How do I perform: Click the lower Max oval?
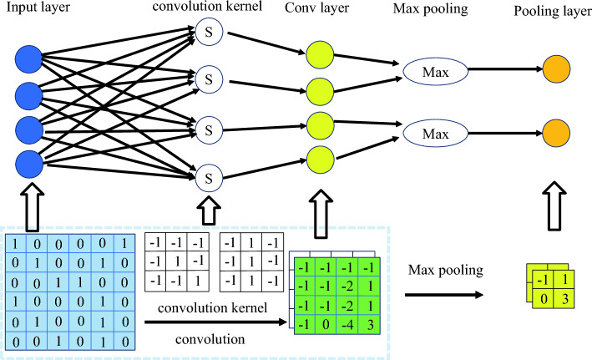[434, 134]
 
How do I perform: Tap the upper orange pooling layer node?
[555, 69]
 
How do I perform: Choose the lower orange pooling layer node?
[555, 132]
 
